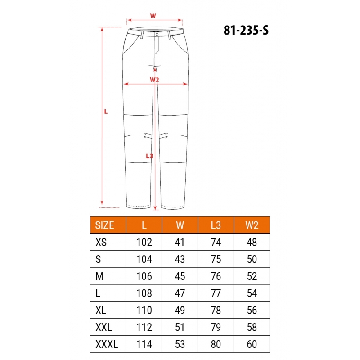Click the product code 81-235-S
[246, 30]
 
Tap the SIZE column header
[104, 225]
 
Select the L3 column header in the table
[216, 225]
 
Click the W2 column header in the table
[252, 225]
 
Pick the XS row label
[101, 242]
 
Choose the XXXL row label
[107, 344]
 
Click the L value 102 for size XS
[144, 242]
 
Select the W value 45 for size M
[180, 276]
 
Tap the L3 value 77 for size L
[216, 293]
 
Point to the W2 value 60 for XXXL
[252, 344]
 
